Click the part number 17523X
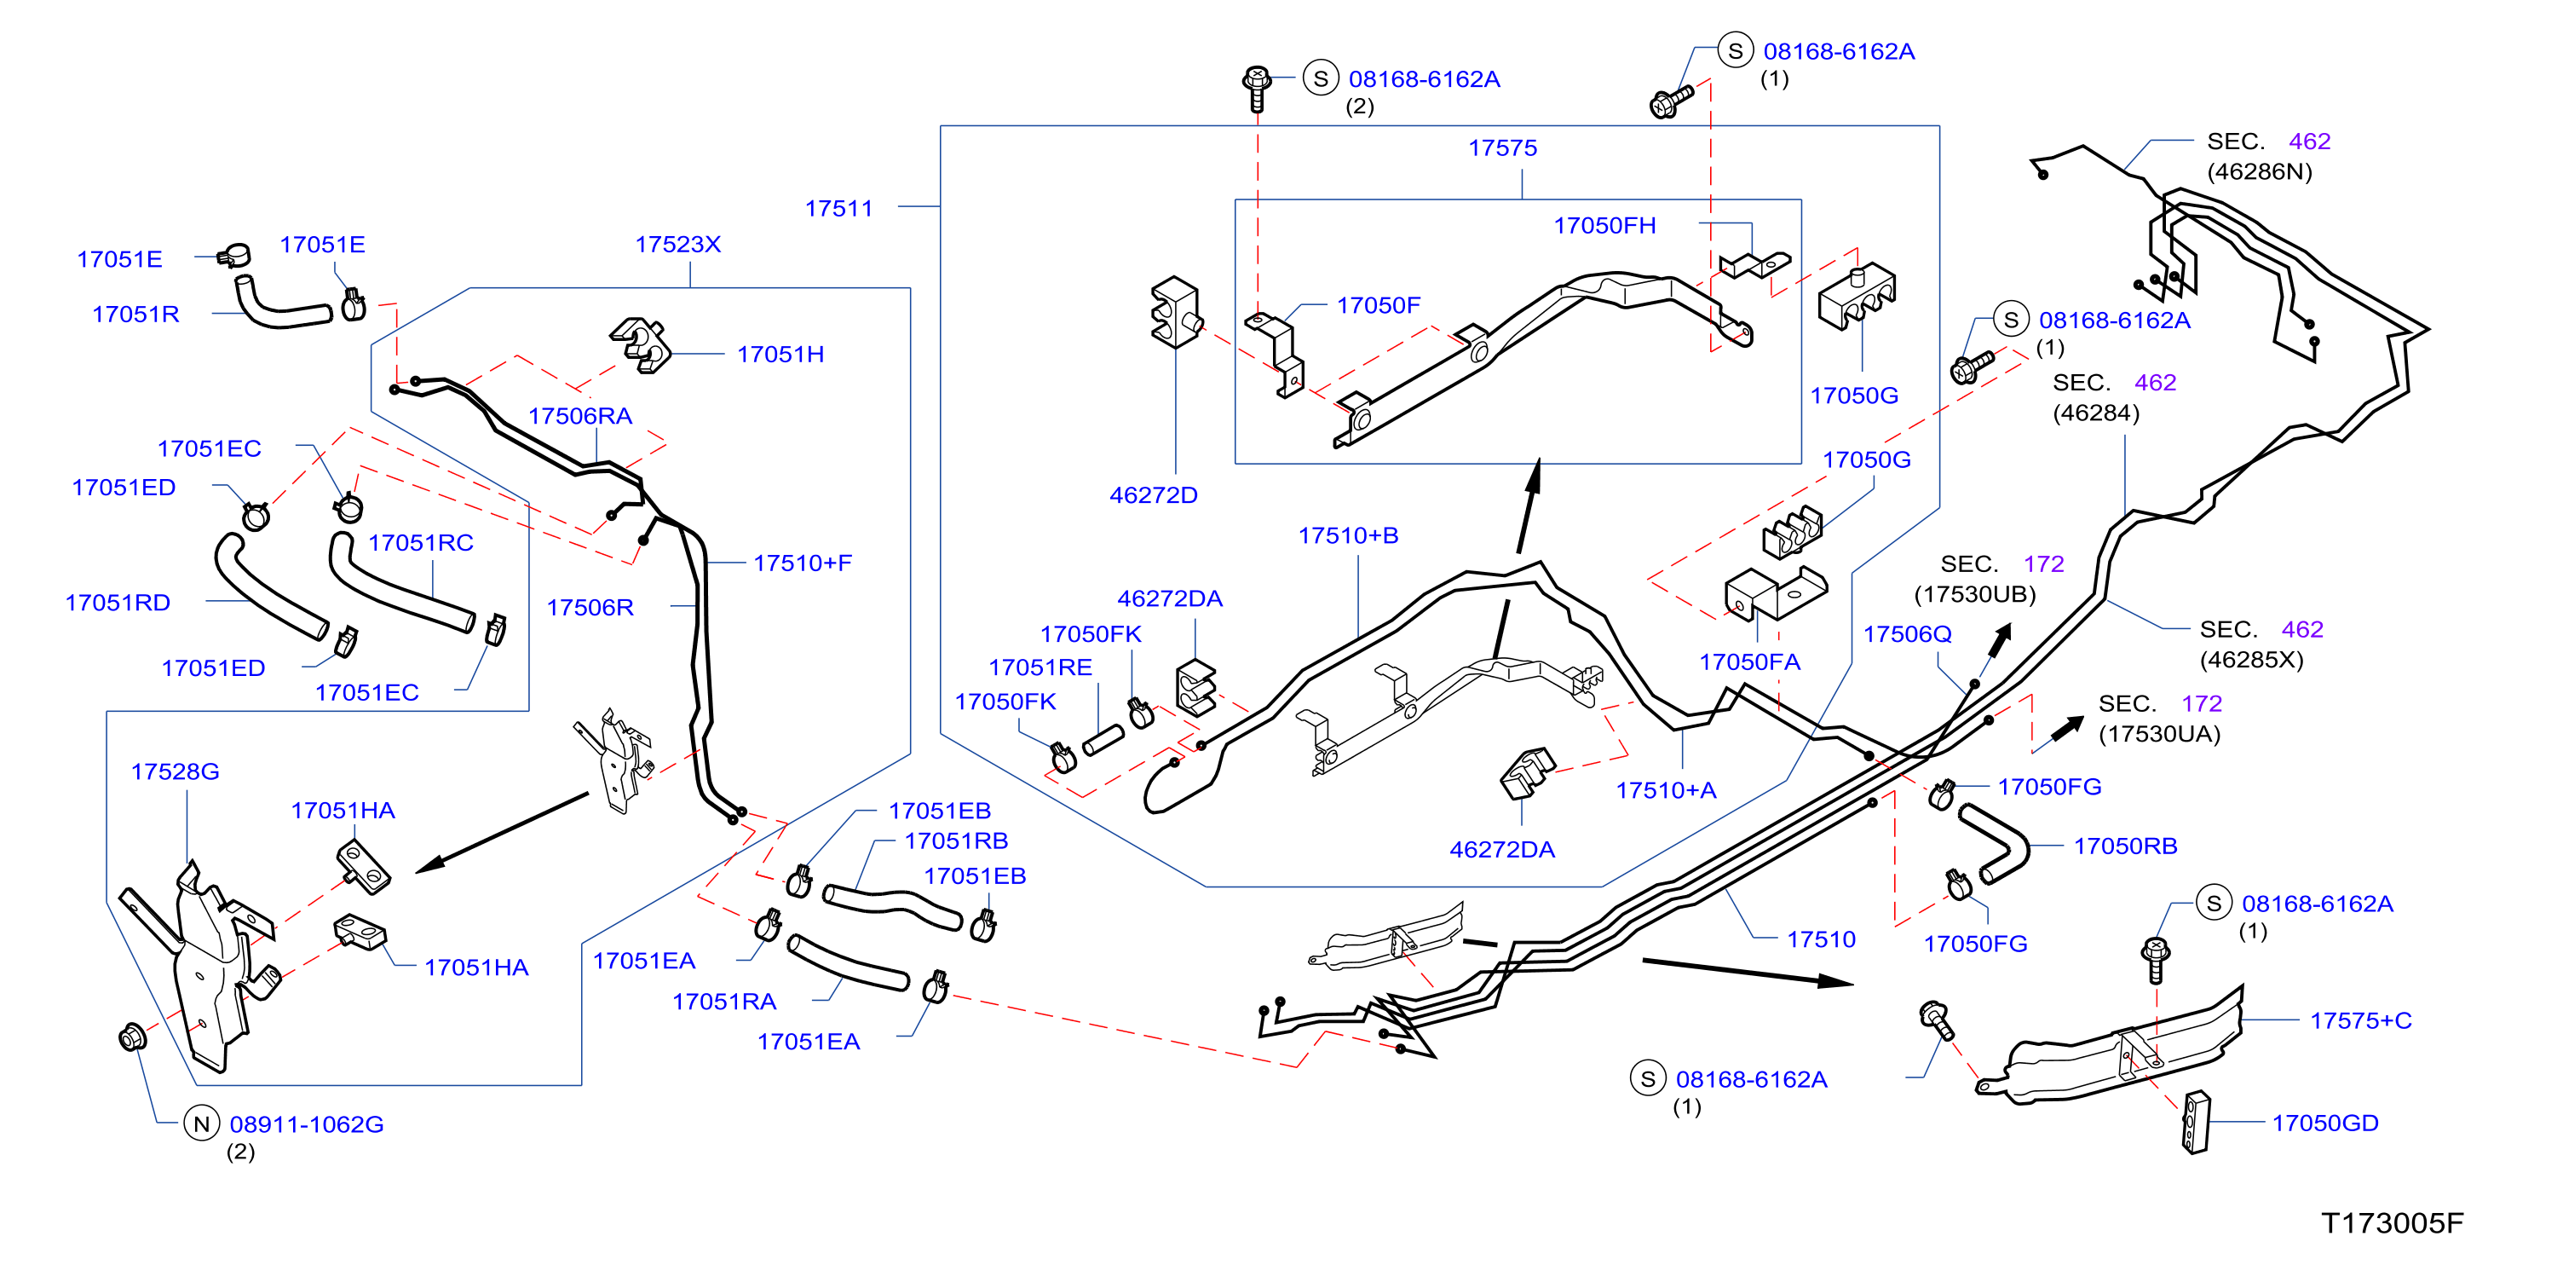point(677,244)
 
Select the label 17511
point(838,208)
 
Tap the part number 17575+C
point(2360,1020)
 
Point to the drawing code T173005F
point(2392,1222)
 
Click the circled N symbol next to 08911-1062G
point(202,1123)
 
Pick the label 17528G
point(176,771)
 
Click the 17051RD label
point(118,602)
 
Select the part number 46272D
point(1153,494)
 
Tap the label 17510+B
point(1348,535)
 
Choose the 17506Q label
point(1907,634)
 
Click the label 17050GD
point(2325,1123)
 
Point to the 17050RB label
point(2125,846)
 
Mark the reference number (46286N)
point(2260,171)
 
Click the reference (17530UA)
point(2159,734)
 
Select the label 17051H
point(780,355)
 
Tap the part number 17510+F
point(802,563)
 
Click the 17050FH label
point(1605,226)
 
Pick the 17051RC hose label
point(421,542)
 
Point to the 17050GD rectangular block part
point(2196,1123)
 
